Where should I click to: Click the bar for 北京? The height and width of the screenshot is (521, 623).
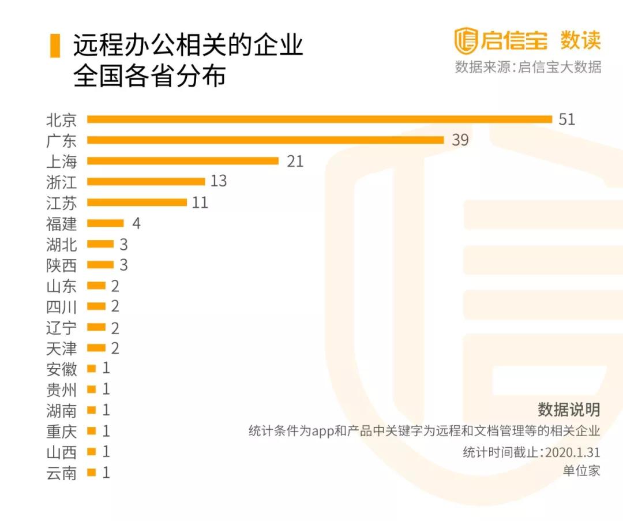tap(320, 119)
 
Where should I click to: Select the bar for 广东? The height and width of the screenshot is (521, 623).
tap(265, 140)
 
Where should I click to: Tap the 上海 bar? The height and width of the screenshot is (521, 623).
tap(183, 161)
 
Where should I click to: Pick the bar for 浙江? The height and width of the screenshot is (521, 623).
tap(146, 182)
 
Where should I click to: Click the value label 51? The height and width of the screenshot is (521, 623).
tap(566, 119)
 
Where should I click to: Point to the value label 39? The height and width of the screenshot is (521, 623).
tap(460, 140)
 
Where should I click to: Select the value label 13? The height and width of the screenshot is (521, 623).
tap(219, 182)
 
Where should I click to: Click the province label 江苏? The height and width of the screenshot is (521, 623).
tap(61, 203)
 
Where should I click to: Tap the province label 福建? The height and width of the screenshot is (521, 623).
tap(61, 223)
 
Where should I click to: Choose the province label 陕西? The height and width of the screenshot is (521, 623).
tap(61, 265)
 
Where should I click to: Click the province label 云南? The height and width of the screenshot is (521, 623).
tap(61, 473)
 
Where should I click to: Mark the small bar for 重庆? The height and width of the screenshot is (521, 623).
tap(91, 431)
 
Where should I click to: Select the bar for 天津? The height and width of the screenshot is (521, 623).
tap(96, 348)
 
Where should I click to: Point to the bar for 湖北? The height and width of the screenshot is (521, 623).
tap(100, 244)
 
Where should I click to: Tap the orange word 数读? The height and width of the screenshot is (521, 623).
tap(580, 40)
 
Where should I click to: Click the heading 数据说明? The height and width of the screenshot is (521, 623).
tap(569, 410)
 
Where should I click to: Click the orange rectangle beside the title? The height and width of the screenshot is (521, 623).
tap(55, 46)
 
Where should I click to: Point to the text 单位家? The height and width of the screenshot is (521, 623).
tap(581, 470)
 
